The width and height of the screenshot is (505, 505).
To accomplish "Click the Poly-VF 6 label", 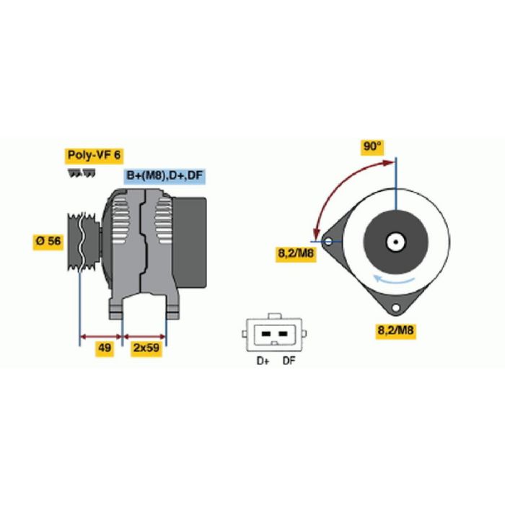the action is coord(94,156).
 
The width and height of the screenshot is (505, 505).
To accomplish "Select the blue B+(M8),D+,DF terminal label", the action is coord(164,176).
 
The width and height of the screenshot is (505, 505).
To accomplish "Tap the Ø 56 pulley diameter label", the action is coord(48,241).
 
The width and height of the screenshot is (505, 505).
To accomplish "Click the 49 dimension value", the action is coord(105,348).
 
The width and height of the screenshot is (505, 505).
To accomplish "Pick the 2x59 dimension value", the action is coord(146,348).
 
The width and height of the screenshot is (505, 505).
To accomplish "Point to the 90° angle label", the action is coord(372,147).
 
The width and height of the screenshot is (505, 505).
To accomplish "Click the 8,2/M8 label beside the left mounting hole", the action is coord(296,254).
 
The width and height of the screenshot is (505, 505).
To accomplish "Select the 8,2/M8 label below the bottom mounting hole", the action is coord(395,330).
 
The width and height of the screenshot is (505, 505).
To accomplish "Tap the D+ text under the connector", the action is coord(263,361).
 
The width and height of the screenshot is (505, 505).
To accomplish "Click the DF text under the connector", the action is coord(289,361).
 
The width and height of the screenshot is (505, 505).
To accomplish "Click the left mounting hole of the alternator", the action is coord(328,241).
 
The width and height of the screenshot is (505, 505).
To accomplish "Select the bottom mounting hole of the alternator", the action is coord(396,308).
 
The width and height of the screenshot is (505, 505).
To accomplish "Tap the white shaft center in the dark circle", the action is coord(396,242).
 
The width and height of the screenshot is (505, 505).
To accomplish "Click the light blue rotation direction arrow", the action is coord(393,280).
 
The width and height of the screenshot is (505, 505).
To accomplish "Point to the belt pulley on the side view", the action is coord(83,242).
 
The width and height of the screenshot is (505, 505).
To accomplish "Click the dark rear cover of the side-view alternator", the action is coord(189,242).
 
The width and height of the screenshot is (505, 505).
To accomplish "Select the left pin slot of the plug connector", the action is coord(265,333).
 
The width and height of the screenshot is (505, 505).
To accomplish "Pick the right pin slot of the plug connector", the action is coord(283,333).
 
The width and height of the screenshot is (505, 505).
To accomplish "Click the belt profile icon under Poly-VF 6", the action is coord(82,173).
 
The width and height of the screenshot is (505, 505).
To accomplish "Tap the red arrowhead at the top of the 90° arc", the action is coord(389,162).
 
